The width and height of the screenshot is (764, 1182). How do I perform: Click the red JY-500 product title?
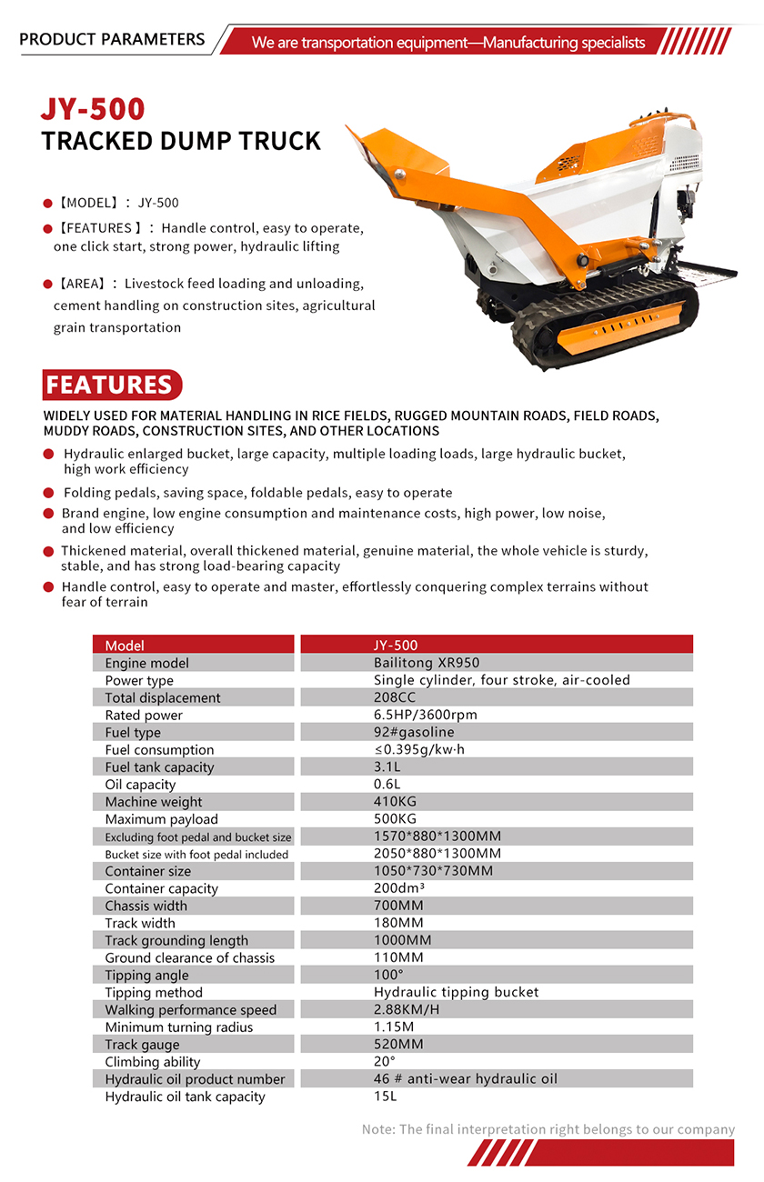click(93, 109)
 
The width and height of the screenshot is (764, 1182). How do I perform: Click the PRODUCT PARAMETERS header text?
click(112, 39)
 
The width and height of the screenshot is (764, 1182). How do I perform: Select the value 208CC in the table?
click(396, 697)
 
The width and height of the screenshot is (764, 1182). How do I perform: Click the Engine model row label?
click(146, 663)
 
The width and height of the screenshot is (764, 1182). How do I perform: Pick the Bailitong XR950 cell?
click(427, 663)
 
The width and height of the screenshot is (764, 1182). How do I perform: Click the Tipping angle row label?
click(146, 975)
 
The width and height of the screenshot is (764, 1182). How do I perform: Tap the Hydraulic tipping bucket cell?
click(456, 992)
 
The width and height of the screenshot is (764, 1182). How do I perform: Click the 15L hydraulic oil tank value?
click(386, 1096)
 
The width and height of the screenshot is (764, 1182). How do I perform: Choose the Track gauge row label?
click(142, 1045)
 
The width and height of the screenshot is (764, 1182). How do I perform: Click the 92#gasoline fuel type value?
click(414, 732)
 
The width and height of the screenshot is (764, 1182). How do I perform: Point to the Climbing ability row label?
click(152, 1062)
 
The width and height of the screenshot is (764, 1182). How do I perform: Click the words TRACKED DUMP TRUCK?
click(181, 142)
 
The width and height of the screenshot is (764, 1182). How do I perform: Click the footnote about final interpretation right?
click(548, 1129)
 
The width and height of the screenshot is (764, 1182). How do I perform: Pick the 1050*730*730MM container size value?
click(433, 871)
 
